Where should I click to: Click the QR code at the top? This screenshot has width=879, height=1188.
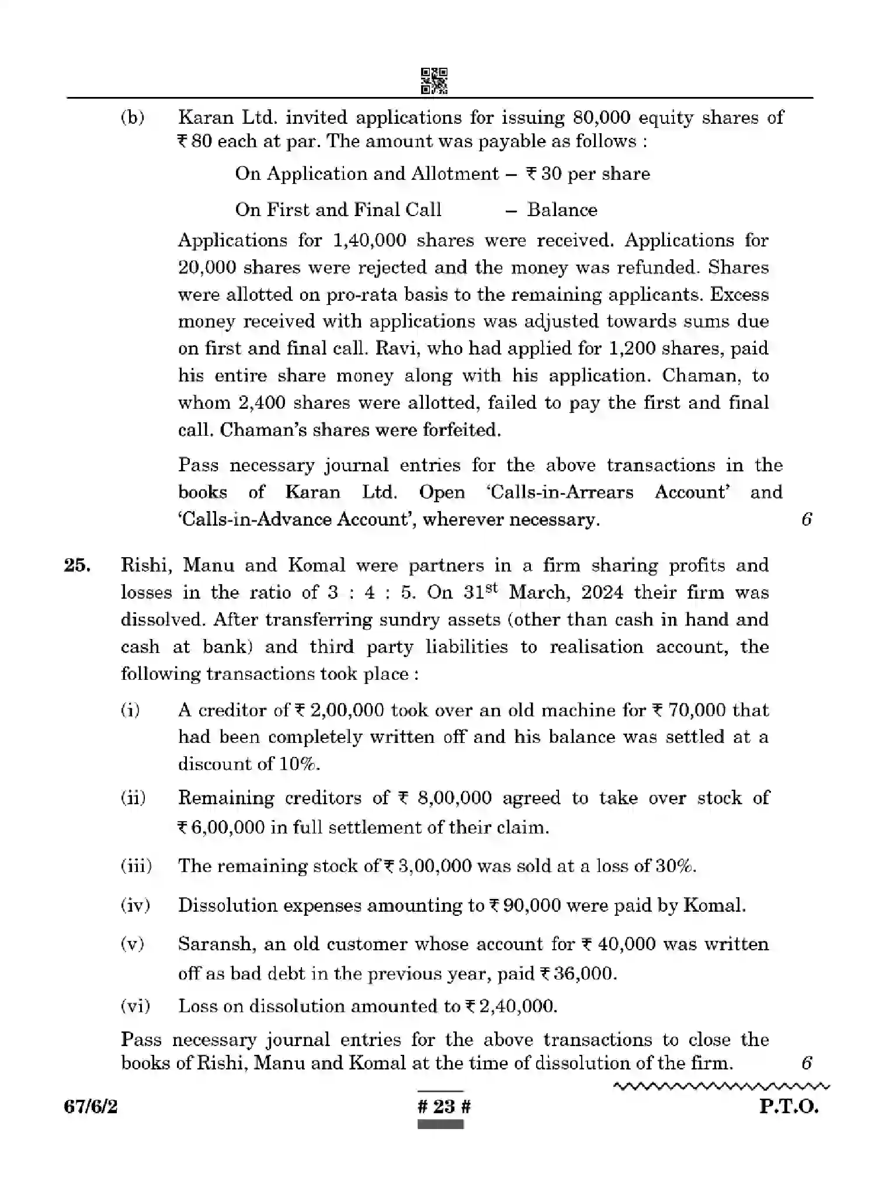434,81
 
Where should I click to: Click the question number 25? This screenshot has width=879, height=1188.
77,565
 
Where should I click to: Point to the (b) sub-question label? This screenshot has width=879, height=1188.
133,117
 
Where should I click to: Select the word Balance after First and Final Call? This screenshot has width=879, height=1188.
562,210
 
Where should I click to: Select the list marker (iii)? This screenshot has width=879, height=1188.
136,865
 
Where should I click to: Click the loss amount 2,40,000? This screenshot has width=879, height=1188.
516,1005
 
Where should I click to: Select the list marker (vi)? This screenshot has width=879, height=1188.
136,1005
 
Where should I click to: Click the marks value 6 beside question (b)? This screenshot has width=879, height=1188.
807,519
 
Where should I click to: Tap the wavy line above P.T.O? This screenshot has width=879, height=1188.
721,1086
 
